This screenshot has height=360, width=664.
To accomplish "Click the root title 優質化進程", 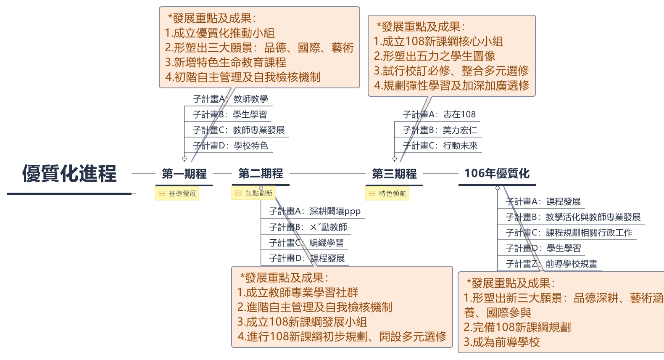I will pos(69,174).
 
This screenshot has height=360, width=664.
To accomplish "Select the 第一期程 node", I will pos(184,174).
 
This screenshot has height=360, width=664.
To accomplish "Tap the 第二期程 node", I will pos(261,173).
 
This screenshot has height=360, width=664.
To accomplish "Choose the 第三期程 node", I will pos(394,174).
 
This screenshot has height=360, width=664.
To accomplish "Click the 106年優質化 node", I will pos(497,173).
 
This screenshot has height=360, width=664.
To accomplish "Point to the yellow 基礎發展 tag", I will pos(177,193).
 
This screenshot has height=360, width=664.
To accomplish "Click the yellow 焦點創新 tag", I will pos(253,193).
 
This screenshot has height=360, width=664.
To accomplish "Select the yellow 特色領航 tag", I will pos(387,193).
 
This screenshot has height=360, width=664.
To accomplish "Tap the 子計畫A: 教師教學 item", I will pos(230,99).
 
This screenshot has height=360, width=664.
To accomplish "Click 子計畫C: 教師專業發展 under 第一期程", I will pos(238,130).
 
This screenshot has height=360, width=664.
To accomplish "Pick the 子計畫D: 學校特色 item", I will pos(230,146).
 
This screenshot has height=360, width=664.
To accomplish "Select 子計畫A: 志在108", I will pos(439,114).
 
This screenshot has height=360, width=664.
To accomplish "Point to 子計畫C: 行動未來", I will pos(440,146).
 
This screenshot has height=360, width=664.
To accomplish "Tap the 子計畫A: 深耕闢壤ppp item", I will pos(315,211).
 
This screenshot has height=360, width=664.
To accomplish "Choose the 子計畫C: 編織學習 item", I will pos(306,243).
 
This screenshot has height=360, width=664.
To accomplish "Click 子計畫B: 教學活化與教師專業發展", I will pos(573,217).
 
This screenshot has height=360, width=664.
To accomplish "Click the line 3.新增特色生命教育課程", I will pos(226,62).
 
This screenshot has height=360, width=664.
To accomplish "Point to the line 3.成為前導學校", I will pos(502,342).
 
